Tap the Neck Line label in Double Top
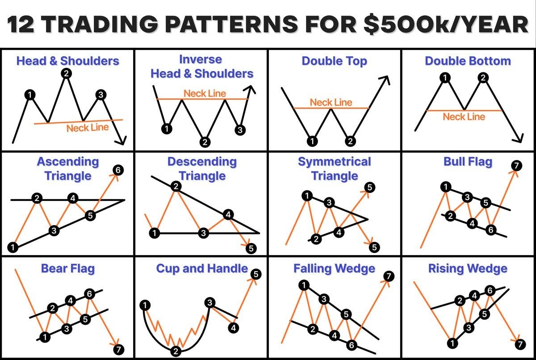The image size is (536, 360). click(x=331, y=102)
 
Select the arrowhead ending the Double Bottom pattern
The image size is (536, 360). click(x=518, y=139)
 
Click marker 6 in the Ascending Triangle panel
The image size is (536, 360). click(x=118, y=170)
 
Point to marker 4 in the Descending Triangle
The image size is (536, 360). click(x=228, y=215)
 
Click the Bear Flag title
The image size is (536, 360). click(x=68, y=268)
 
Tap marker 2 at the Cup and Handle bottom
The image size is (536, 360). click(x=176, y=351)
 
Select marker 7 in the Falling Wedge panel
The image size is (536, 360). click(x=388, y=276)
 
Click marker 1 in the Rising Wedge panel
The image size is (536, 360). click(x=452, y=343)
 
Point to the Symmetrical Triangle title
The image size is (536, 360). click(x=335, y=168)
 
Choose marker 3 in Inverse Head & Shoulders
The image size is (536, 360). click(x=240, y=130)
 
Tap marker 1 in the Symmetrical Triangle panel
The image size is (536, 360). click(x=307, y=195)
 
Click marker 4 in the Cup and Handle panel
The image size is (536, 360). click(x=233, y=328)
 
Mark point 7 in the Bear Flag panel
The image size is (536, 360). click(x=118, y=349)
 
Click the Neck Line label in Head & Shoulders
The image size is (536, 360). click(x=88, y=128)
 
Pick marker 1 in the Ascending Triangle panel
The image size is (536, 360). click(x=13, y=247)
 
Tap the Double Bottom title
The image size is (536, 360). click(x=468, y=61)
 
